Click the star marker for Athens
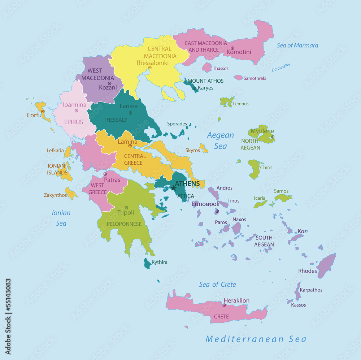click(174, 188)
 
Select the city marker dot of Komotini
click(232, 48)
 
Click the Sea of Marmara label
click(297, 45)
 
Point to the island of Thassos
click(207, 67)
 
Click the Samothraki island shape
click(238, 78)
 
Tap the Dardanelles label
click(281, 68)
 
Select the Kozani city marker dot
click(110, 83)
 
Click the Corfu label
click(34, 115)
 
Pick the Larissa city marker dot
click(130, 113)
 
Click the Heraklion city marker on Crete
click(224, 305)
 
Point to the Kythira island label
click(159, 262)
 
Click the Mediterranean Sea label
click(256, 339)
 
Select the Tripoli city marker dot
click(126, 208)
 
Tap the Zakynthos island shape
click(71, 193)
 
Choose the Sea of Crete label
click(217, 285)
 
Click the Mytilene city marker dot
click(273, 137)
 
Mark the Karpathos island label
click(311, 290)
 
